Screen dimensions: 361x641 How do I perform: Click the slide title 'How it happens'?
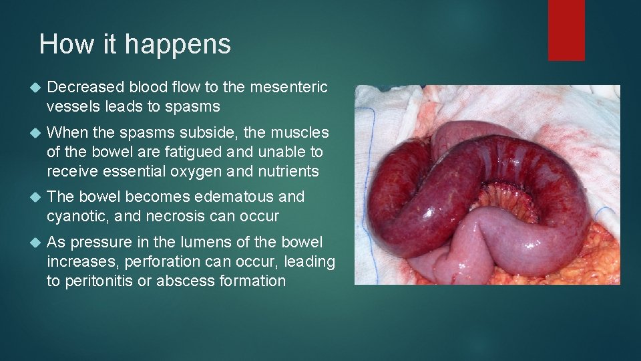(x=135, y=44)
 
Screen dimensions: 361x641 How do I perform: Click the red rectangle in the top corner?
(x=566, y=30)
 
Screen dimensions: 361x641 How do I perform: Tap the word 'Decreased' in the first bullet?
(x=85, y=87)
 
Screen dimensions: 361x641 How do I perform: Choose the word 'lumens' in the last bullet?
(x=192, y=242)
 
